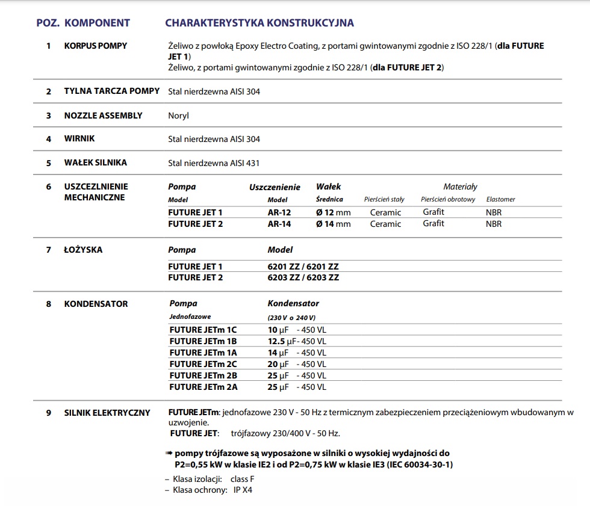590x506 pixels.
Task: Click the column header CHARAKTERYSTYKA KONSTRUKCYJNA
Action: pos(259,23)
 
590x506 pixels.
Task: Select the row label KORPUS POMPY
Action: pos(96,46)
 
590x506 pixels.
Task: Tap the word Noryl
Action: pos(178,116)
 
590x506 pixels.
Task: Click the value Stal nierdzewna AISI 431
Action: pos(214,163)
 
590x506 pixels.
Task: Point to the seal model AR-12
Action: pos(279,212)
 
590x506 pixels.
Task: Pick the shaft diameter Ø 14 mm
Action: pos(333,224)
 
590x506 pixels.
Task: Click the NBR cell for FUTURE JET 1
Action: pos(493,212)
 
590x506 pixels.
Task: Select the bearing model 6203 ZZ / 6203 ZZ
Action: pos(303,277)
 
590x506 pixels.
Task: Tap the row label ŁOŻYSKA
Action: pos(83,250)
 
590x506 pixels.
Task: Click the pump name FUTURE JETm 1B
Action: pos(203,341)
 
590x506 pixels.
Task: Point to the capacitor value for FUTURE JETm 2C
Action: pos(297,364)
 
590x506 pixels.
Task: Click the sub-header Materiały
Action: pos(460,187)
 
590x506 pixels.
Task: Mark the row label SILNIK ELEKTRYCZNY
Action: pos(107,413)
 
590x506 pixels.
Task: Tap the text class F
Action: pos(243,479)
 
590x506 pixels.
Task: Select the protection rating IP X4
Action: pos(244,490)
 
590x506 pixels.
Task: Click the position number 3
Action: pos(49,116)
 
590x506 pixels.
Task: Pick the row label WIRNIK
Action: pos(79,139)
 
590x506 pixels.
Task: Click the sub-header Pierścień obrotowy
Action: pos(448,199)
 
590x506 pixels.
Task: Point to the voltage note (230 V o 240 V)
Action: pos(291,317)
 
